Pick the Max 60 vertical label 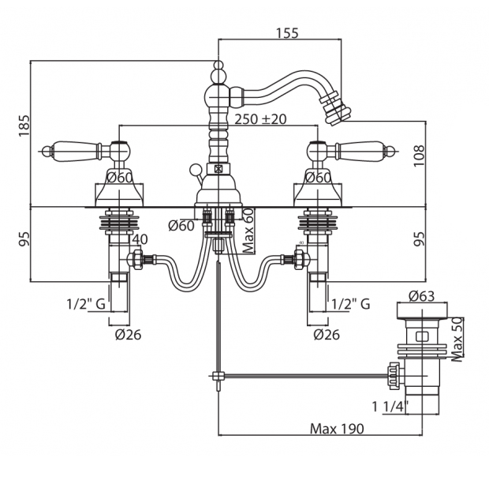click(x=248, y=230)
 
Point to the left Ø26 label click(x=127, y=334)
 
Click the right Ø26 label click(x=327, y=334)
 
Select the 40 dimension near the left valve click(x=140, y=239)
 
